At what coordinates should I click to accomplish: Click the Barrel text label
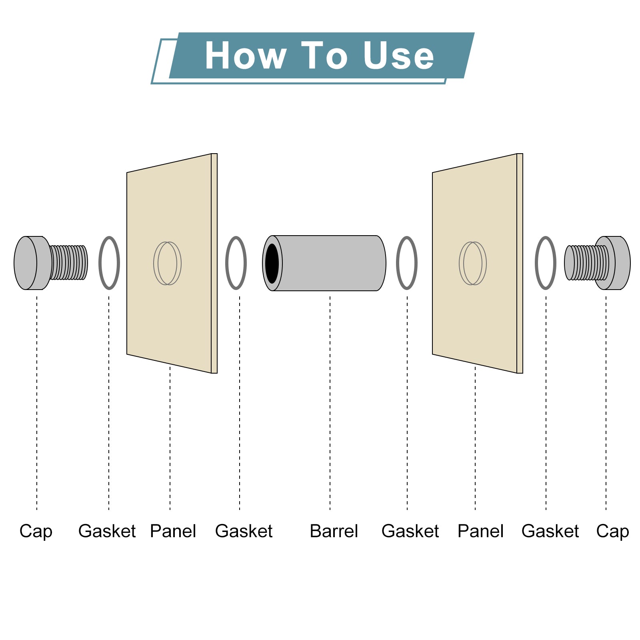point(334,531)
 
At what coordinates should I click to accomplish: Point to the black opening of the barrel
point(272,263)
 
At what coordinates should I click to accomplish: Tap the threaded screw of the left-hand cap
point(69,262)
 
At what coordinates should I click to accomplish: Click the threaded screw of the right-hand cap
point(586,262)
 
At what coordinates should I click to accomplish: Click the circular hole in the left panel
point(168,263)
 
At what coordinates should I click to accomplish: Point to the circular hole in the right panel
point(473,263)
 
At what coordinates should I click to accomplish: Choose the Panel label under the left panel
point(173,531)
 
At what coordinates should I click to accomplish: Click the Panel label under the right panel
point(480,531)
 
